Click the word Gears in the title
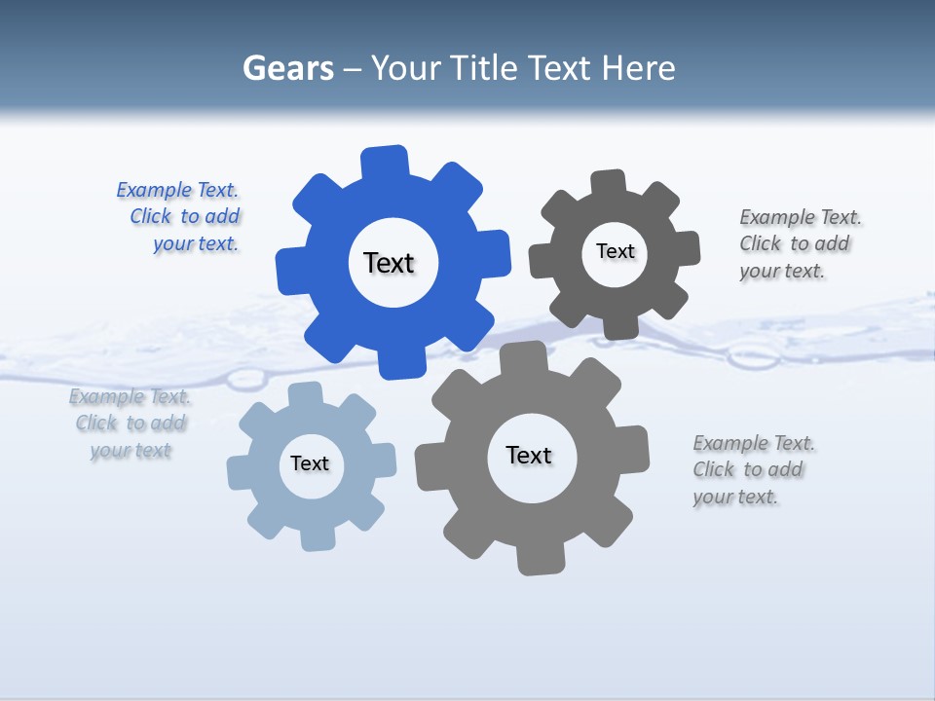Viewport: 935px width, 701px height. [288, 68]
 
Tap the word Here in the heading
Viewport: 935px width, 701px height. [638, 68]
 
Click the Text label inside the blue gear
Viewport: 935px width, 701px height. [389, 263]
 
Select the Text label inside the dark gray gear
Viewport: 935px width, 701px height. [615, 251]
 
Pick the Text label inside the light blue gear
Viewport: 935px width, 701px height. [310, 463]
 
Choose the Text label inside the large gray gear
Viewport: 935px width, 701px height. [529, 455]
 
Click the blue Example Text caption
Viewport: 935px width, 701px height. [178, 217]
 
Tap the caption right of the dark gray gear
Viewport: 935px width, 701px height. [799, 243]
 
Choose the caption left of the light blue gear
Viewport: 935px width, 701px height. [131, 424]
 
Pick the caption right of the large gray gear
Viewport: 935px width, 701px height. [753, 469]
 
